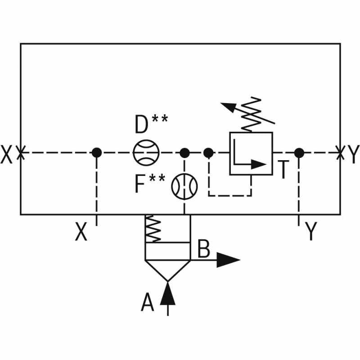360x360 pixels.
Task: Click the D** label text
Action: (151, 124)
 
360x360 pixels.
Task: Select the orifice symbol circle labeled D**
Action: (146, 153)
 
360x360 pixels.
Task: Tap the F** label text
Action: (150, 184)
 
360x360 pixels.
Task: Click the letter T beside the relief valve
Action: (283, 170)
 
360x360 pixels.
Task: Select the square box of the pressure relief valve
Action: (251, 153)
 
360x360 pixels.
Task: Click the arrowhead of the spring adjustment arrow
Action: (228, 107)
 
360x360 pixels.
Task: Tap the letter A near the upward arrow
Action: (147, 302)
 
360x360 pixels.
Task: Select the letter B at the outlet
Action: (204, 249)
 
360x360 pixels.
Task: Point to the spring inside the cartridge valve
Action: (153, 229)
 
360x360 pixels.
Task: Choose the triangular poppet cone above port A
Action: (168, 270)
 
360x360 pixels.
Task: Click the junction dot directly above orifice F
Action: (184, 153)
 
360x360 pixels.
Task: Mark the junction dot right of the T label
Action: (299, 153)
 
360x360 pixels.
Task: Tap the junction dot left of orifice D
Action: (97, 153)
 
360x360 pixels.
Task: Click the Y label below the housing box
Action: (311, 232)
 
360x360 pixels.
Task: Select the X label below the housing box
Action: (81, 232)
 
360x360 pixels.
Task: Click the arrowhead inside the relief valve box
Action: (259, 164)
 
